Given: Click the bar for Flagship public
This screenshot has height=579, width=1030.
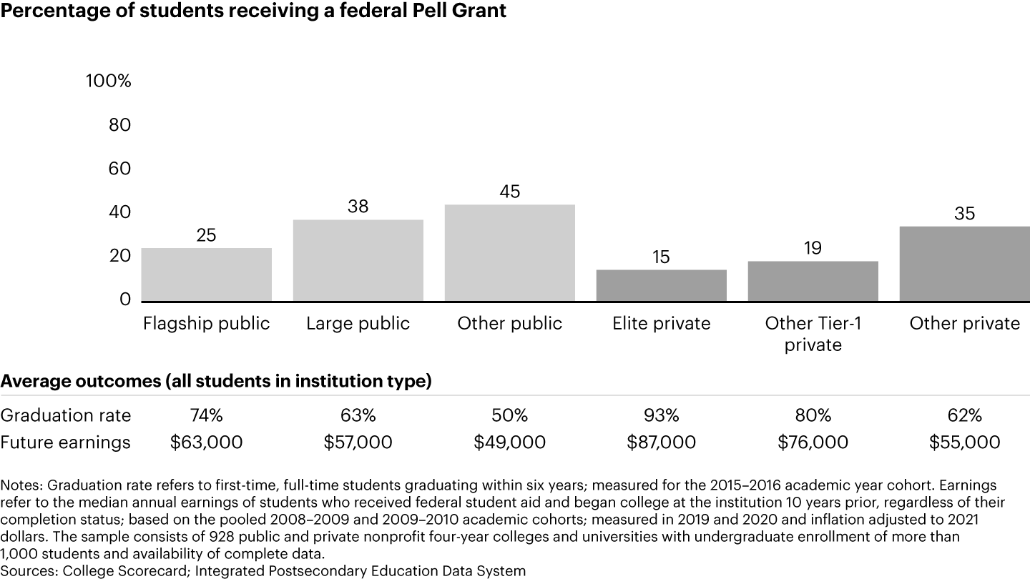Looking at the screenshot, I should click(x=207, y=274).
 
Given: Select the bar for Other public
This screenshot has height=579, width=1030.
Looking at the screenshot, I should click(x=509, y=253).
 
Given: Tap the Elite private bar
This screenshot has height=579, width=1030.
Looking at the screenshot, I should click(x=661, y=285).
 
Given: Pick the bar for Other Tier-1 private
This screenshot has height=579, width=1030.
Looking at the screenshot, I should click(x=813, y=281).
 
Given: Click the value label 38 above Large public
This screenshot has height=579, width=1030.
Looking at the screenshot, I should click(x=358, y=207).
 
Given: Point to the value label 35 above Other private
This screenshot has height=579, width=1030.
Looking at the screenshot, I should click(x=964, y=214).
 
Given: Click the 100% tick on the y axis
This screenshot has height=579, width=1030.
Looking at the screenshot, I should click(x=109, y=81).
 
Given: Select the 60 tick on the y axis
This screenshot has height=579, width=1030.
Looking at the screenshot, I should click(x=119, y=169).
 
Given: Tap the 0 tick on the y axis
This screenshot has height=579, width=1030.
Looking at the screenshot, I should click(x=125, y=300).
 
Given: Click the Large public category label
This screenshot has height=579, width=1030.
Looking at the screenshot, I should click(x=358, y=324).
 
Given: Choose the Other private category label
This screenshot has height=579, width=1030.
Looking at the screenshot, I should click(x=964, y=324).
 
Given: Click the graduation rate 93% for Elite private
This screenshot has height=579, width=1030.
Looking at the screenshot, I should click(x=661, y=415).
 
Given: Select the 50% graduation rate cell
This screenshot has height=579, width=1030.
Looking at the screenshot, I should click(x=509, y=415).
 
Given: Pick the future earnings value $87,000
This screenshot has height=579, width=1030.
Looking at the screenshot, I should click(x=661, y=442).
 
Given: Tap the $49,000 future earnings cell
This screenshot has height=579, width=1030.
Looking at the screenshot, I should click(x=509, y=442).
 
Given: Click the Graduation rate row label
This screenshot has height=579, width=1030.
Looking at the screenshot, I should click(x=66, y=415).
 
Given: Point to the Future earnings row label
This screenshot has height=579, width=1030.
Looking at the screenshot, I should click(x=66, y=442).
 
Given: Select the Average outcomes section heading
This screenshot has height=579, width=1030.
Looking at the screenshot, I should click(x=215, y=382).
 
